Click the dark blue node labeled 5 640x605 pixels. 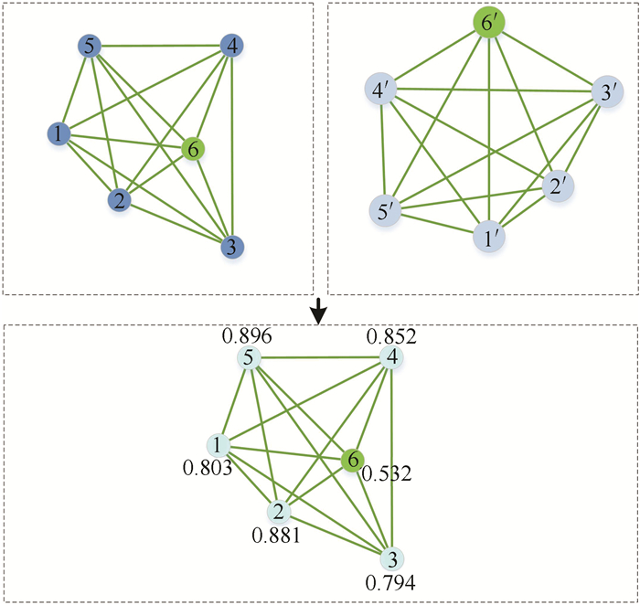[89, 46]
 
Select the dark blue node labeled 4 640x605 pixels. [231, 45]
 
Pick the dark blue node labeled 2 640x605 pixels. [117, 200]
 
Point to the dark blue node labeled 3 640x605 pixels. [232, 247]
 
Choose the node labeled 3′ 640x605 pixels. [605, 93]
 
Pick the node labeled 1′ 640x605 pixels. [488, 239]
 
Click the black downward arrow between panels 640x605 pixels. [318, 313]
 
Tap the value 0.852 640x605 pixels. [392, 336]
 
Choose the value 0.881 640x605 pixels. [274, 535]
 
